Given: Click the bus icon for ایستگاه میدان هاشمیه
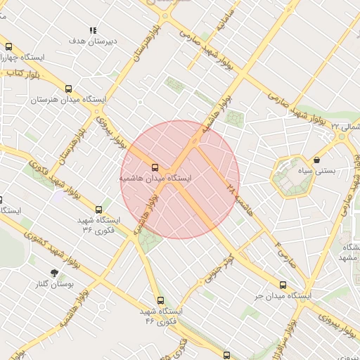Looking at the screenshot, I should (x=155, y=167).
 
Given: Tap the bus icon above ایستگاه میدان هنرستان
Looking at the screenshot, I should (x=68, y=89).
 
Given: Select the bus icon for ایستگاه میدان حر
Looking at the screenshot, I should (x=283, y=285).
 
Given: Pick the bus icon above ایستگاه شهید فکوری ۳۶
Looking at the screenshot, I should (x=98, y=209).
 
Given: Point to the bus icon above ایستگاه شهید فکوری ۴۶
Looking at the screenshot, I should (x=161, y=300).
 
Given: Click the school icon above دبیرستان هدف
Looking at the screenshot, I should (x=92, y=30).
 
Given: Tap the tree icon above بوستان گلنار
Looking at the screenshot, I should (x=55, y=272).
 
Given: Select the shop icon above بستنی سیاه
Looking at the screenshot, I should (x=317, y=160).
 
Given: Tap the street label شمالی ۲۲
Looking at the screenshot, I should (x=345, y=127).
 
